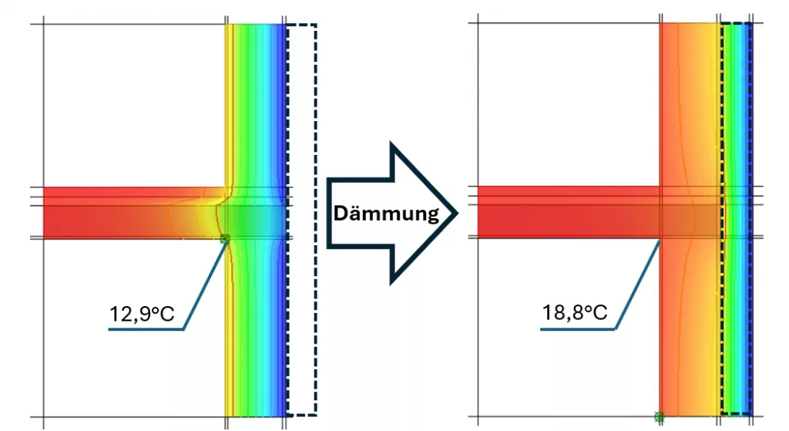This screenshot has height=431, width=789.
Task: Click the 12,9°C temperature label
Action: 142,314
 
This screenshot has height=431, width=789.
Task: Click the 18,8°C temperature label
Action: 575,313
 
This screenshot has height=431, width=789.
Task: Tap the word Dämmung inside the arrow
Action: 386,214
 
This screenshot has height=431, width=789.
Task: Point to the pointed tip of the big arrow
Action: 457,214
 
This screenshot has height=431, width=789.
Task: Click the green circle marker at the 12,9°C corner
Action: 225,239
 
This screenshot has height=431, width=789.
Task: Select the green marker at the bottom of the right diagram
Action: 660,417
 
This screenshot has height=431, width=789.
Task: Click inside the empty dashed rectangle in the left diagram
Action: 302,220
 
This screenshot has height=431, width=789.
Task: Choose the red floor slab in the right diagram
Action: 569,212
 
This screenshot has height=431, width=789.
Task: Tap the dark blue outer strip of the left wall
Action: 279,220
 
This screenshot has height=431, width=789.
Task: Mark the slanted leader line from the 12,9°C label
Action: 204,284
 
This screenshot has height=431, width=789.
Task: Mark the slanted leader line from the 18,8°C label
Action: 637,285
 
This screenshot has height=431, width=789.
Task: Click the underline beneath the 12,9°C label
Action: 146,329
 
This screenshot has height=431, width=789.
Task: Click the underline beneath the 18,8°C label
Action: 578,328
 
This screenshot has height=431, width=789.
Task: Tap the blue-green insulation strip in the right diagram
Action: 736,220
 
